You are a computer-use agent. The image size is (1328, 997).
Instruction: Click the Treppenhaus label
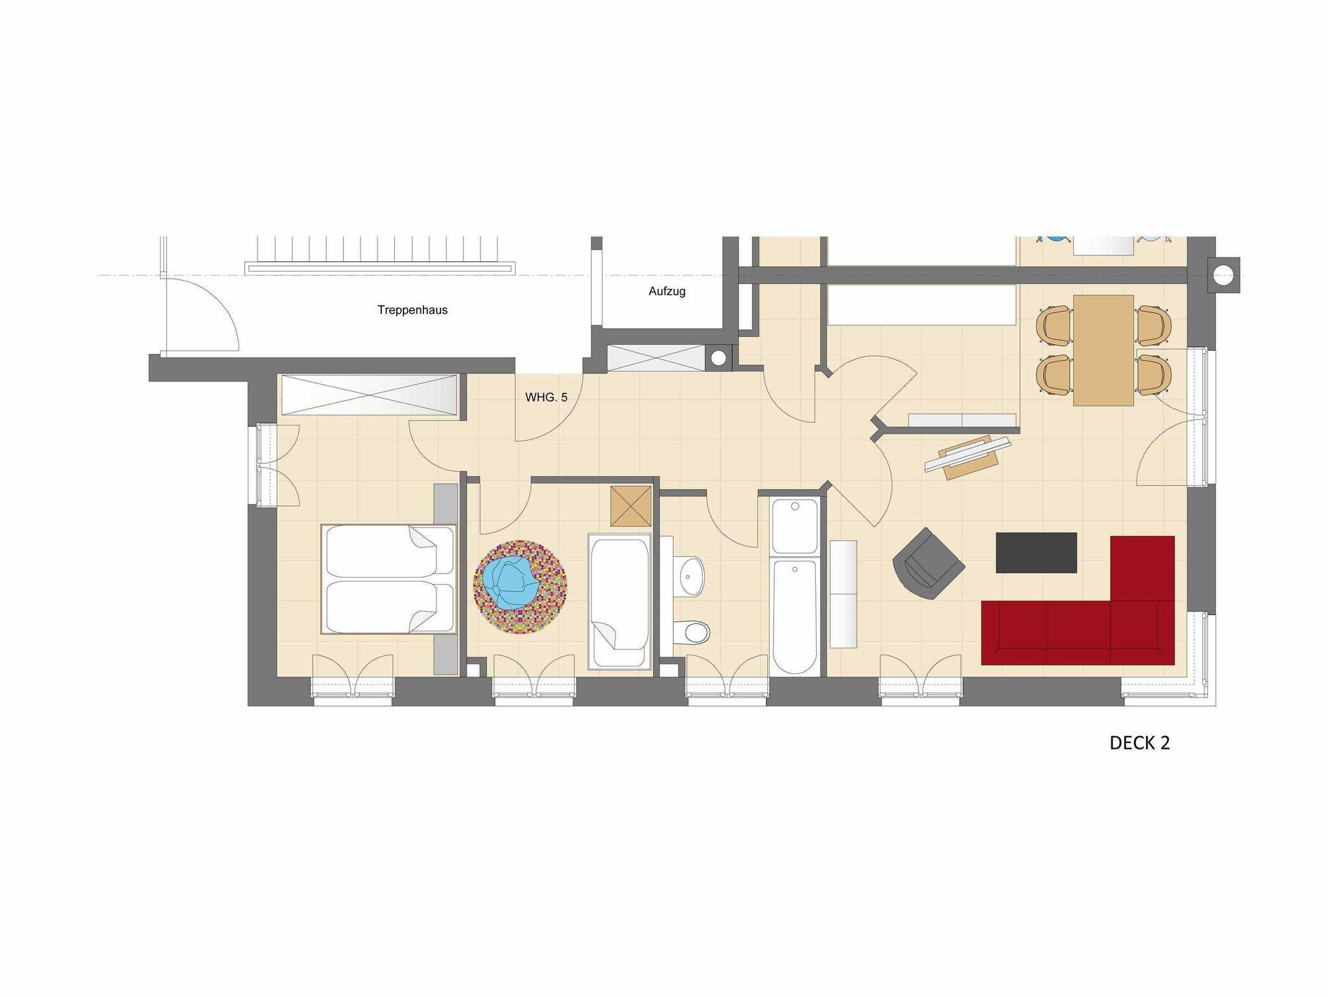pyautogui.click(x=412, y=310)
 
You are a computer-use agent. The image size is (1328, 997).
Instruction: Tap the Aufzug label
pyautogui.click(x=667, y=292)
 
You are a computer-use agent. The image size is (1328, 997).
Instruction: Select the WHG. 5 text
pyautogui.click(x=546, y=397)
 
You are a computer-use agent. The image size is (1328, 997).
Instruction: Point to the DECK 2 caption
pyautogui.click(x=1139, y=743)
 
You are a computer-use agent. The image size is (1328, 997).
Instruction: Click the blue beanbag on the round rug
pyautogui.click(x=512, y=583)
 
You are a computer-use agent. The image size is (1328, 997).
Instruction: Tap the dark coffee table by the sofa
pyautogui.click(x=1036, y=553)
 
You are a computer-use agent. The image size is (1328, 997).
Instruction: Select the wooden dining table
pyautogui.click(x=1104, y=350)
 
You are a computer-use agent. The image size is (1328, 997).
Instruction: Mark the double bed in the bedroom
pyautogui.click(x=389, y=580)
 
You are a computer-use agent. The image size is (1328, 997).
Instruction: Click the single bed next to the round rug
pyautogui.click(x=619, y=602)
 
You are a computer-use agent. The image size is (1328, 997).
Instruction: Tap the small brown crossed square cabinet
pyautogui.click(x=631, y=506)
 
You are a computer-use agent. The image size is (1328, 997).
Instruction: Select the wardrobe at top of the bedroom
pyautogui.click(x=368, y=393)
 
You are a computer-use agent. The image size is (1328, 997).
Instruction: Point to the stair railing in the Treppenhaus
pyautogui.click(x=380, y=267)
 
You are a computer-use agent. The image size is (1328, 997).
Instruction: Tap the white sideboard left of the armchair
pyautogui.click(x=843, y=594)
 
